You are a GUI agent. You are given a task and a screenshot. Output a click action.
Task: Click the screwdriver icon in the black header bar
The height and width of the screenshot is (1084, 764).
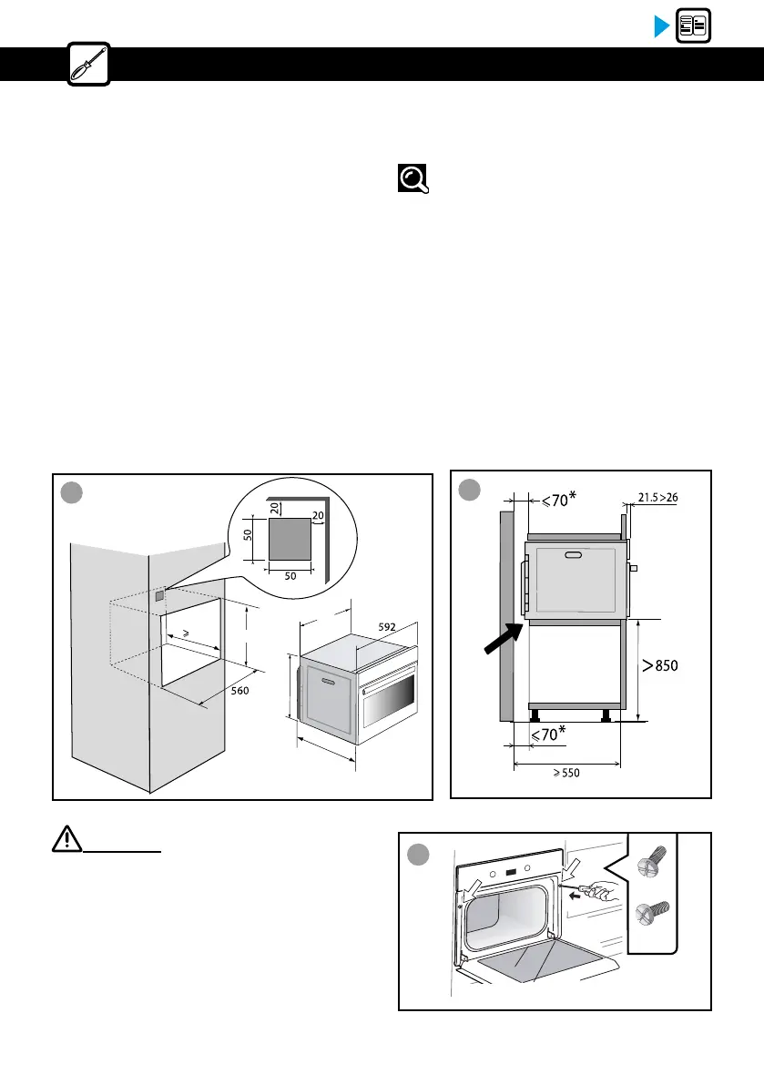(x=89, y=64)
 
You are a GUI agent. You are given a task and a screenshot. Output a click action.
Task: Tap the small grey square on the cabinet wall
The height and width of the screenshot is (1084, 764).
(x=160, y=597)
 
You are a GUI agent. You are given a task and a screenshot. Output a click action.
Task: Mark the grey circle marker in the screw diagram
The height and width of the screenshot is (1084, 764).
(x=419, y=856)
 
